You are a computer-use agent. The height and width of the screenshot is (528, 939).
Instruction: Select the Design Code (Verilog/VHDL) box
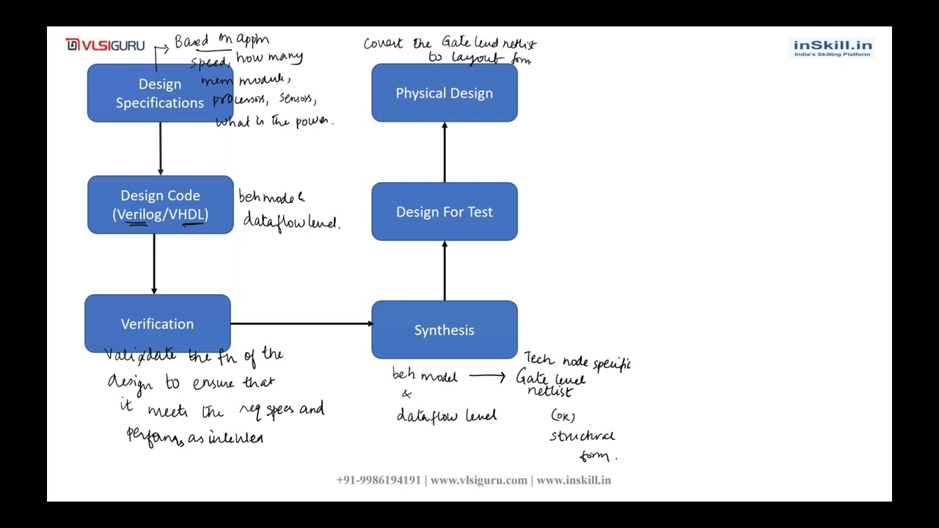[x=160, y=205]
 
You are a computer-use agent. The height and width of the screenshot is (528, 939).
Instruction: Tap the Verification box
[x=157, y=323]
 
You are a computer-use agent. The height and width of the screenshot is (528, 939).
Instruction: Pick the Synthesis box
[x=444, y=330]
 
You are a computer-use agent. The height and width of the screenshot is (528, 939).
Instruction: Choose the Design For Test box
[x=444, y=212]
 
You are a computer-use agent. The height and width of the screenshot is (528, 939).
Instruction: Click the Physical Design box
[x=444, y=93]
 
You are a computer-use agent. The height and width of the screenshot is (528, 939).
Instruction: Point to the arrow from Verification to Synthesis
[x=301, y=323]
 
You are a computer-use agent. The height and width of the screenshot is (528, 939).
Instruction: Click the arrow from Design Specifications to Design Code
[x=160, y=149]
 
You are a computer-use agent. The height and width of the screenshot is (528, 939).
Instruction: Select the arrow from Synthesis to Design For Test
[x=444, y=271]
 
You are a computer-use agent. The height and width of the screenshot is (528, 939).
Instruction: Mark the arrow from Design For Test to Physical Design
[x=444, y=153]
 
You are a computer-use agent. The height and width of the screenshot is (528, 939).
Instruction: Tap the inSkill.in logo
[x=833, y=48]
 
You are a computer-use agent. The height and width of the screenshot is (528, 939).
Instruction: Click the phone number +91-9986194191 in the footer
[x=379, y=480]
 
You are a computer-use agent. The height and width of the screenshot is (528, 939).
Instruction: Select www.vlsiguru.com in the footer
[x=478, y=480]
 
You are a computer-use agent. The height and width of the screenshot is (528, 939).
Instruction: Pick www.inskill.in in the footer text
[x=574, y=480]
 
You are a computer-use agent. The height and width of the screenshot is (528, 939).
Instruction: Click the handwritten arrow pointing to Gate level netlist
[x=487, y=377]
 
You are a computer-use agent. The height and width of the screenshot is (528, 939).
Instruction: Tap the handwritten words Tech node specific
[x=577, y=362]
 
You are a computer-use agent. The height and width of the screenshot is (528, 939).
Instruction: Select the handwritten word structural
[x=582, y=436]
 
